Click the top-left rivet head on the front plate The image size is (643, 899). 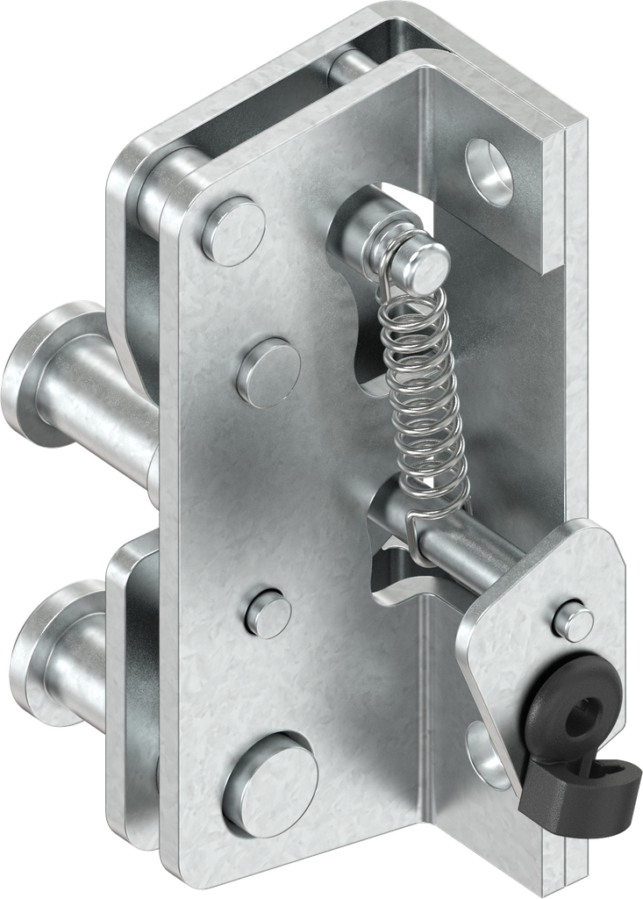pos(232,231)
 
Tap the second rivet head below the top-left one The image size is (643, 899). pos(268,372)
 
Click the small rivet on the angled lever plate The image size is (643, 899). pos(573,622)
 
